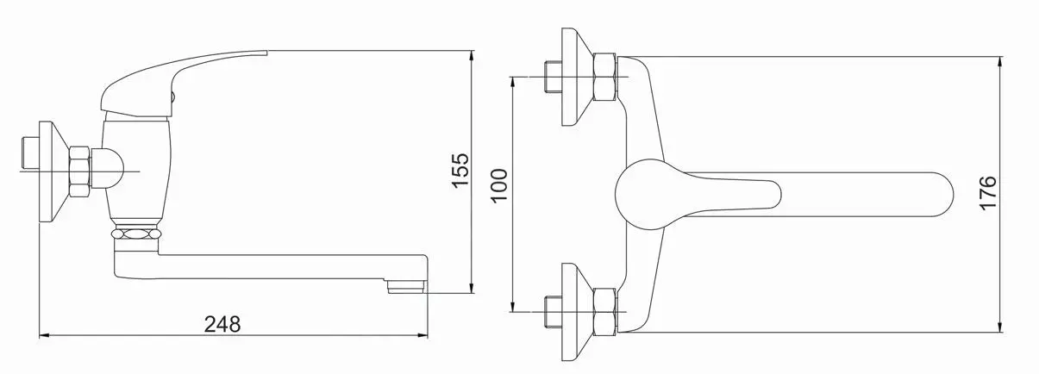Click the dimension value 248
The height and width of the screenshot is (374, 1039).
pyautogui.click(x=222, y=324)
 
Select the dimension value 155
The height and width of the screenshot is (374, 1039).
pyautogui.click(x=460, y=171)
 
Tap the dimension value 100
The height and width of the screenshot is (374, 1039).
pyautogui.click(x=499, y=185)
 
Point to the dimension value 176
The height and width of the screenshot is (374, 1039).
pyautogui.click(x=988, y=193)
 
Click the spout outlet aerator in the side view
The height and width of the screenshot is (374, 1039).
pyautogui.click(x=407, y=286)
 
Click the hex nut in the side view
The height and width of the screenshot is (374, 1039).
pyautogui.click(x=79, y=172)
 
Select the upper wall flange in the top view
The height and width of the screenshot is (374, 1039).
pyautogui.click(x=578, y=77)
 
